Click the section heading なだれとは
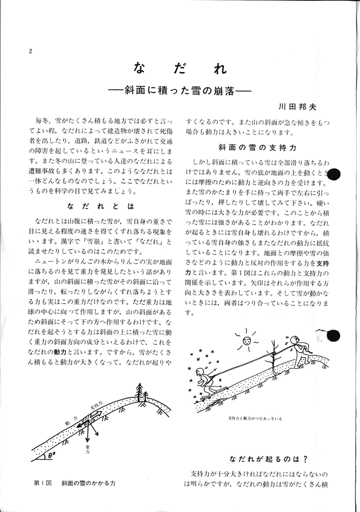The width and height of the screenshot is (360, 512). (100, 205)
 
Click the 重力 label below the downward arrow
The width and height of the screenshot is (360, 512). (88, 449)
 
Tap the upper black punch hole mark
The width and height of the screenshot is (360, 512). (336, 174)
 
